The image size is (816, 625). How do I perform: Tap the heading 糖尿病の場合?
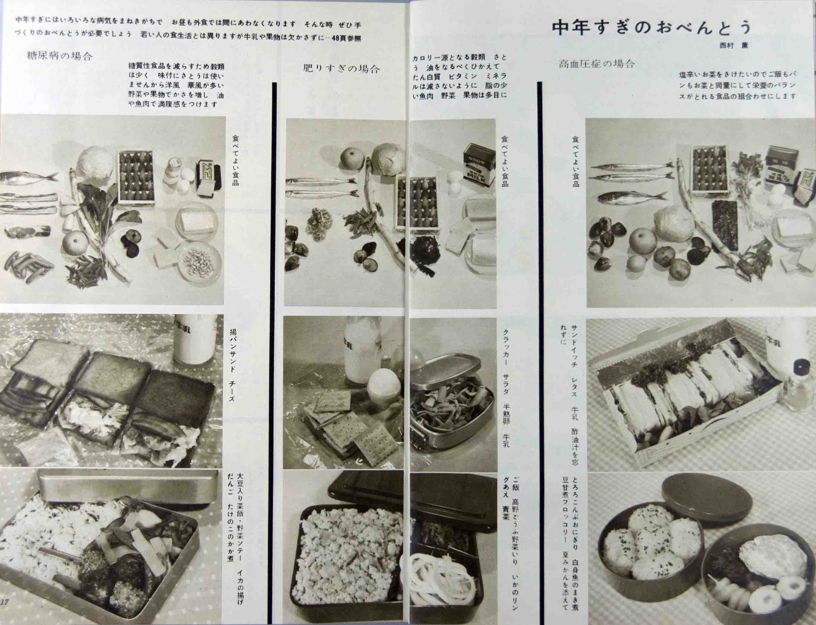click(60, 57)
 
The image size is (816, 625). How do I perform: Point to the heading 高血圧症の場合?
click(597, 64)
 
